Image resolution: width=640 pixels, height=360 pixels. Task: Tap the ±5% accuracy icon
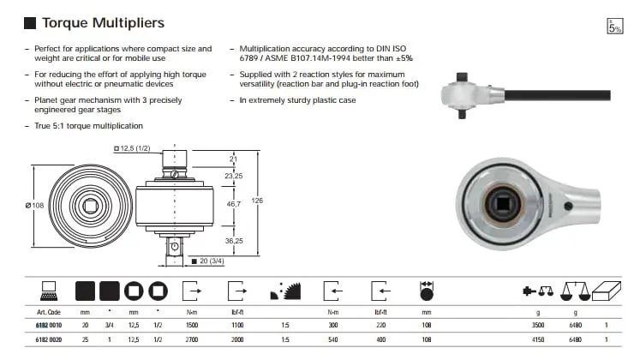click(614, 27)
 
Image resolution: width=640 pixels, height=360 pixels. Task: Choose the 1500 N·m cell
click(192, 326)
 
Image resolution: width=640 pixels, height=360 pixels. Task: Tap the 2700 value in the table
click(192, 341)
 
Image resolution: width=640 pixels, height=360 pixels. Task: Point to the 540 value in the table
click(334, 341)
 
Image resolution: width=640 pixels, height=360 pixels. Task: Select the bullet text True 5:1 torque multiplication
click(86, 126)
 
